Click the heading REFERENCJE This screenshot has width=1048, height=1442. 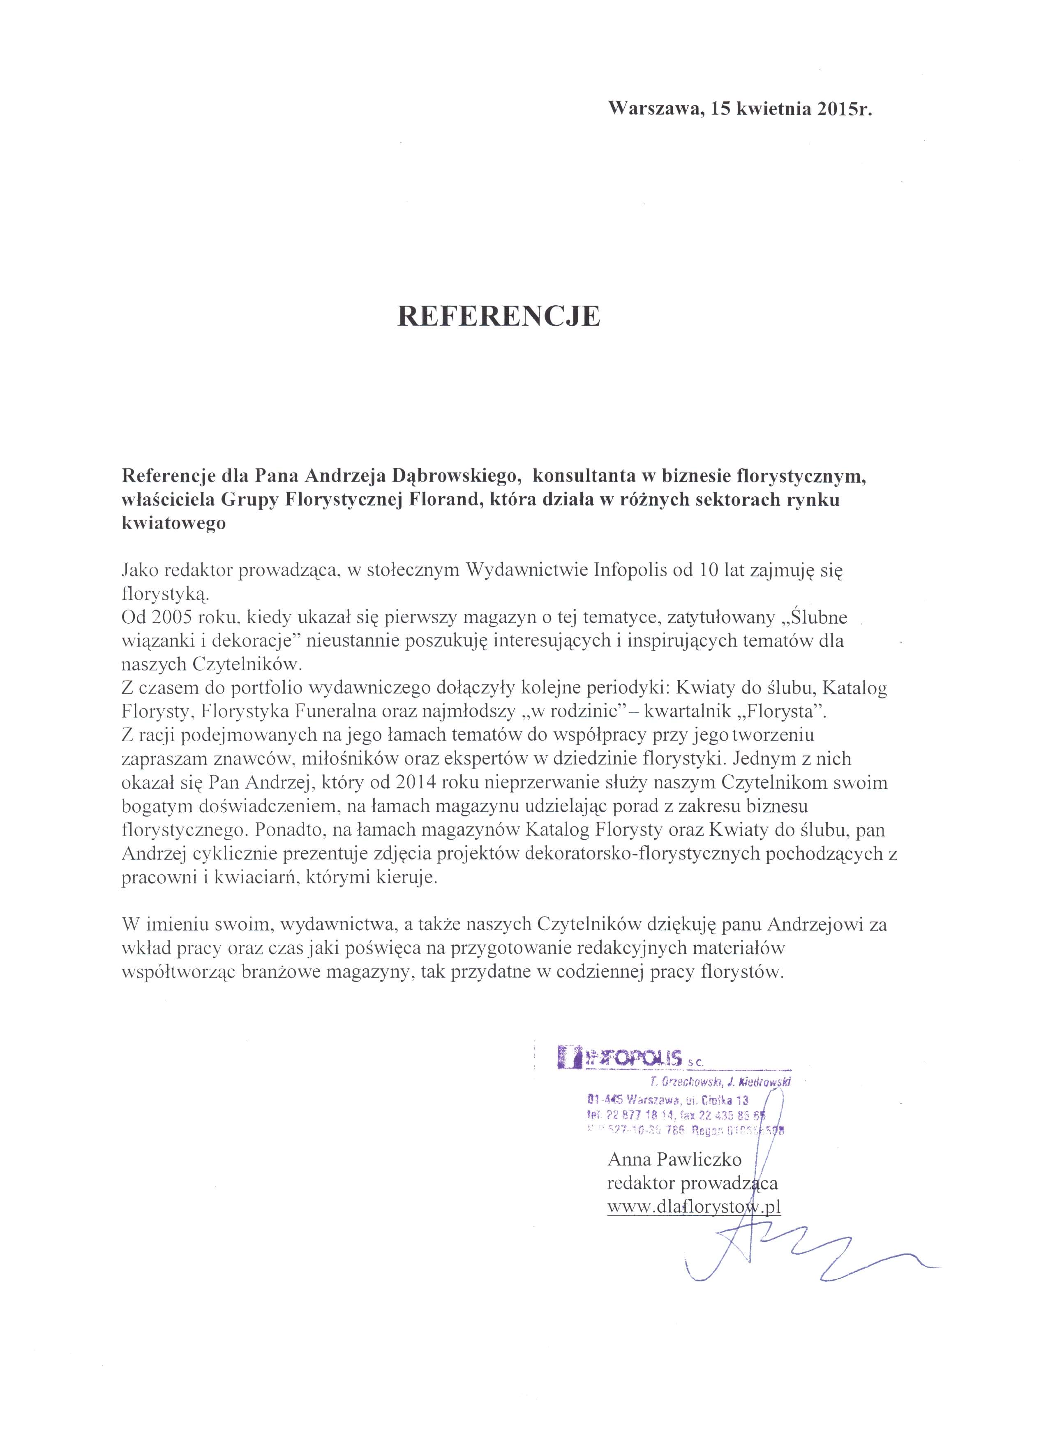coord(499,316)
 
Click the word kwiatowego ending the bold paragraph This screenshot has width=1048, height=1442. coord(173,524)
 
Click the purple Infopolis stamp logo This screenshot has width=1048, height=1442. coord(620,1057)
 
